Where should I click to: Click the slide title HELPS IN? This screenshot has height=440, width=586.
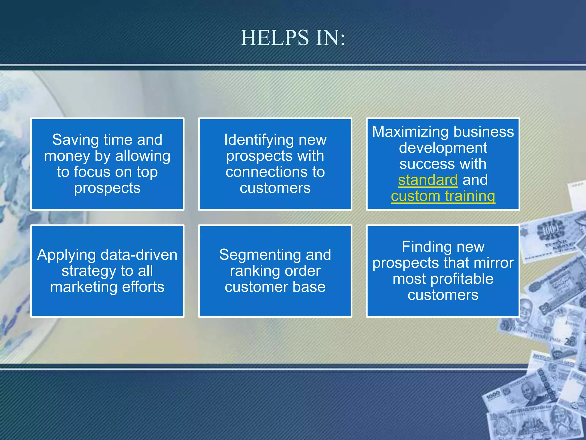293,38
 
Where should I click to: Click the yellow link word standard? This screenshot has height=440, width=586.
428,180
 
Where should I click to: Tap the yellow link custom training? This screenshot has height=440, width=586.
443,196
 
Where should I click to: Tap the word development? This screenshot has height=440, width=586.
443,148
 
